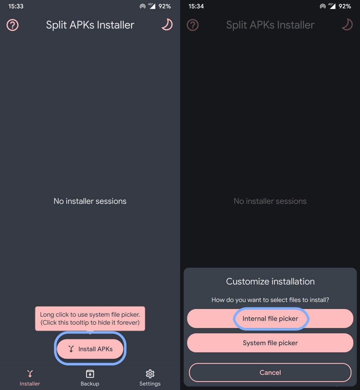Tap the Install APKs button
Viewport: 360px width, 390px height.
(90, 349)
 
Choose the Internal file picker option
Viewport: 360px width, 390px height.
(270, 318)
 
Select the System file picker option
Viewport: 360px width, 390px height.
(270, 343)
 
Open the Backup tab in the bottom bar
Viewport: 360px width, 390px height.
(90, 378)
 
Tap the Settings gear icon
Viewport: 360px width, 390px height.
(150, 374)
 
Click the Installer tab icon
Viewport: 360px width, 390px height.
(30, 374)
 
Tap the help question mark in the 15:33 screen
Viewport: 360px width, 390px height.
(12, 25)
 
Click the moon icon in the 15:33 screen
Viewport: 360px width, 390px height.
(167, 25)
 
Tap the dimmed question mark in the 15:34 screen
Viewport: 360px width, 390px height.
(193, 25)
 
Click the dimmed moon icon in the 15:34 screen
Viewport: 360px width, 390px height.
(347, 25)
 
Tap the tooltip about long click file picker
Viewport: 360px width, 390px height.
(90, 318)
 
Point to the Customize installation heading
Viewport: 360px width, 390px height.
(270, 281)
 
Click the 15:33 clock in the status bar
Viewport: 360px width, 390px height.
(16, 6)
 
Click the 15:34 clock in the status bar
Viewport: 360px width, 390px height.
(196, 6)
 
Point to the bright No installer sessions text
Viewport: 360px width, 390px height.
(90, 201)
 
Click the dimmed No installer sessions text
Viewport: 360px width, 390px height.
(270, 201)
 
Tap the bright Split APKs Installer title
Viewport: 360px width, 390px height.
(90, 25)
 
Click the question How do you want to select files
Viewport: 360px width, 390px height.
(270, 300)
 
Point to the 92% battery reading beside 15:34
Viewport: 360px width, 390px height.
(345, 6)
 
